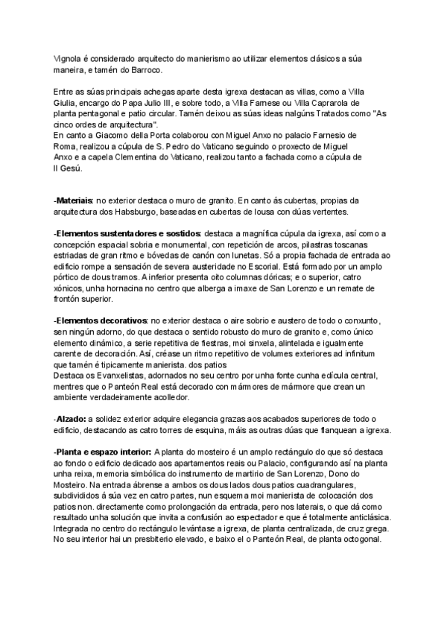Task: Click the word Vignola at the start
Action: click(x=67, y=58)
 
